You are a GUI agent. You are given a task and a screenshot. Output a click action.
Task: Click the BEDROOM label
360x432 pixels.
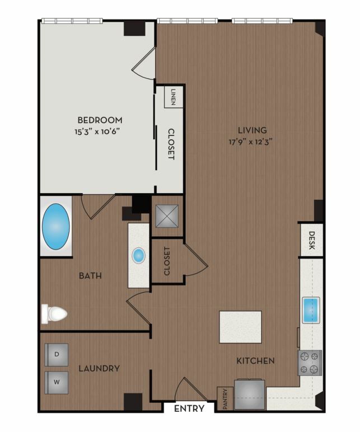click(100, 120)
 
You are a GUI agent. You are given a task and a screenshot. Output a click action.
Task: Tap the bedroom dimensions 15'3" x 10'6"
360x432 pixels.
click(97, 132)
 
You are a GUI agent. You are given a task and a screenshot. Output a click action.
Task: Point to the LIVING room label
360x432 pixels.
click(252, 130)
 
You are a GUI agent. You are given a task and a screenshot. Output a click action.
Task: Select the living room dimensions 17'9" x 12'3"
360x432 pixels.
click(251, 142)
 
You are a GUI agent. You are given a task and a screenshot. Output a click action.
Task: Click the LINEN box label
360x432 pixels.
click(173, 97)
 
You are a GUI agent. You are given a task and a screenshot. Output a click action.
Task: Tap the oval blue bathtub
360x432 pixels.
click(55, 227)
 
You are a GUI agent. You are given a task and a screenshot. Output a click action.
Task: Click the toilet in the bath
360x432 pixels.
click(54, 313)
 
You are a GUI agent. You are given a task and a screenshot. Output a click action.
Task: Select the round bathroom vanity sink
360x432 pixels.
click(138, 255)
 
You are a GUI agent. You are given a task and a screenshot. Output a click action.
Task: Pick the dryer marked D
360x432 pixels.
click(57, 355)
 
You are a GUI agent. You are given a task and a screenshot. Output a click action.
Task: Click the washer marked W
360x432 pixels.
click(57, 382)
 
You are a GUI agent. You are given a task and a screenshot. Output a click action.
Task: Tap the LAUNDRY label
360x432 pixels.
click(99, 368)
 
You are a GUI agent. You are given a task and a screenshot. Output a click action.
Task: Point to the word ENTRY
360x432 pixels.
click(189, 408)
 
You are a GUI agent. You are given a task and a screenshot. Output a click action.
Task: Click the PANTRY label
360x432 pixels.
click(225, 398)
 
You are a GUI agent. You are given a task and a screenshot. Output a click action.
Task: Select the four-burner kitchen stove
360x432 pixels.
click(310, 363)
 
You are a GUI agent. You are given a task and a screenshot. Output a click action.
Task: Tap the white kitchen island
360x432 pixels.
click(240, 327)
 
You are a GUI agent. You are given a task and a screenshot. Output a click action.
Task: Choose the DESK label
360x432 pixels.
click(311, 240)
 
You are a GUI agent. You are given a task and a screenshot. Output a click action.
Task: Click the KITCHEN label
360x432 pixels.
click(255, 360)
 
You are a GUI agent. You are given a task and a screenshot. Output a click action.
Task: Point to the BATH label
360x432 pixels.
click(90, 275)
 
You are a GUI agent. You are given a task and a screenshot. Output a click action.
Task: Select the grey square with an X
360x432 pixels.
click(167, 216)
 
